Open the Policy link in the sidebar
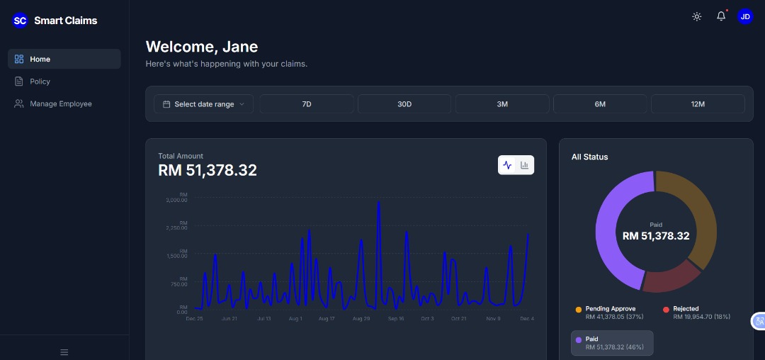[40, 81]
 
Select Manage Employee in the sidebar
[60, 103]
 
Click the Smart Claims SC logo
[20, 21]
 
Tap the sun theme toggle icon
[697, 16]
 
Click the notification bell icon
[721, 16]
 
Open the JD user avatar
[745, 16]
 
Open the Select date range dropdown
[203, 104]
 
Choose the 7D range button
[307, 104]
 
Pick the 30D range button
[404, 104]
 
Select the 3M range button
[502, 104]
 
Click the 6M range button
[600, 104]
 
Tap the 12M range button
[698, 104]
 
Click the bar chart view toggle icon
[525, 165]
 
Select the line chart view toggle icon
[507, 165]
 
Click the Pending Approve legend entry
[610, 313]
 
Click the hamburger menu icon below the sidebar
[64, 352]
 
